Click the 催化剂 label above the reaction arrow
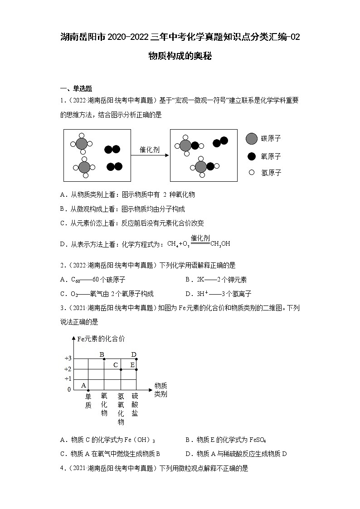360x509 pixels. pos(149,150)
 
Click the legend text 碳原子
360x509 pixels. pos(271,139)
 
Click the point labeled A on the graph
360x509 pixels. pos(88,390)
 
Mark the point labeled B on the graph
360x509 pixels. pos(104,359)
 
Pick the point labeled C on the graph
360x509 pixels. pos(121,369)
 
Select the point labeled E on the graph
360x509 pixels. pos(136,369)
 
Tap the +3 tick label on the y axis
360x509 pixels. pos(68,359)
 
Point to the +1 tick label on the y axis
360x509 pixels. pos(68,379)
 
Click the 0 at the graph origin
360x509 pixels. pos(69,389)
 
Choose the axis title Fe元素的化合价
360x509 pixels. pos(101,339)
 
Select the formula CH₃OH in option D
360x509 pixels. pos(220,244)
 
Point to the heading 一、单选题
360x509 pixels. pos(76,89)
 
